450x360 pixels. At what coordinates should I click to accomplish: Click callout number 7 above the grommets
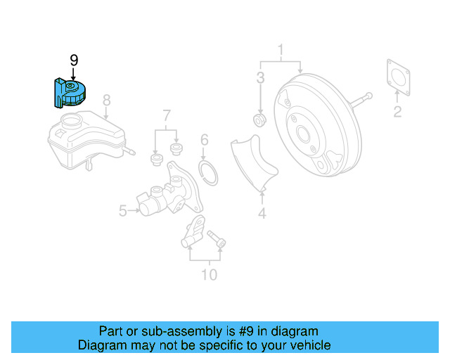[166, 115]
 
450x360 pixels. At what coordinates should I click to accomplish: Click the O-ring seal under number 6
[207, 170]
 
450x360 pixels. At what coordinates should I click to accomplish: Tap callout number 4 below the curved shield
[262, 214]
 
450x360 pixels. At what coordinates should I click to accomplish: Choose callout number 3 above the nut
[260, 77]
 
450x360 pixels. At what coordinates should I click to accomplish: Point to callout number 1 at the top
[281, 50]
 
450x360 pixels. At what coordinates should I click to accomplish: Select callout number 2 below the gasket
[397, 111]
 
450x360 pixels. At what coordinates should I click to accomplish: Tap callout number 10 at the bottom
[209, 274]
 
